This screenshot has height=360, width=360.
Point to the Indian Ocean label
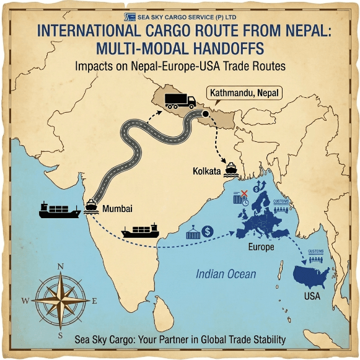pyautogui.click(x=226, y=274)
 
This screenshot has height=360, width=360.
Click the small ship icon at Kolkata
pyautogui.click(x=231, y=167)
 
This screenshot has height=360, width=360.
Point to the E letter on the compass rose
pyautogui.click(x=95, y=301)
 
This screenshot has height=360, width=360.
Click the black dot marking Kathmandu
pyautogui.click(x=205, y=114)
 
